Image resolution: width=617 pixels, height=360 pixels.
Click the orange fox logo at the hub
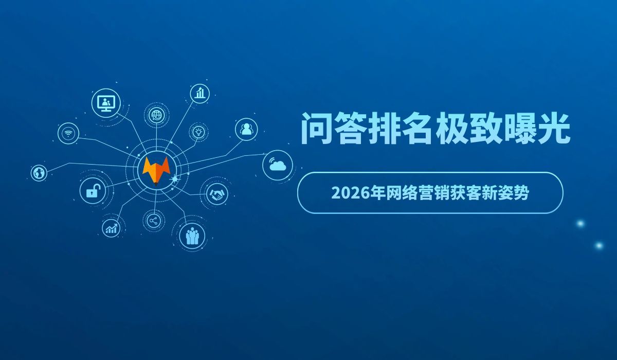[156, 168]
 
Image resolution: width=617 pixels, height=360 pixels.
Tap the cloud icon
[278, 165]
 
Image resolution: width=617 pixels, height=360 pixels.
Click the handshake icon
[217, 194]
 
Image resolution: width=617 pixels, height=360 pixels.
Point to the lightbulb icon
[198, 132]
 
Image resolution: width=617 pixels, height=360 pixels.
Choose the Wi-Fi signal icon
[68, 133]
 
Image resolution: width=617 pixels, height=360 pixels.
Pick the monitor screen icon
[106, 103]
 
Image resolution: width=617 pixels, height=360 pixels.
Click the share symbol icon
[153, 221]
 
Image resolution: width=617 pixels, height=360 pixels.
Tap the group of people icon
[192, 236]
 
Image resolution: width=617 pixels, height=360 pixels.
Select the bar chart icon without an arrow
[200, 93]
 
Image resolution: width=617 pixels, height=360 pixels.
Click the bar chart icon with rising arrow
[111, 228]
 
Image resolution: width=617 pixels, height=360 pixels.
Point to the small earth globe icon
[39, 173]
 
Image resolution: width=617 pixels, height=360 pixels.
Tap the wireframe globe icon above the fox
[155, 115]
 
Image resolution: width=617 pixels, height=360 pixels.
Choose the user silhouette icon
[246, 129]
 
